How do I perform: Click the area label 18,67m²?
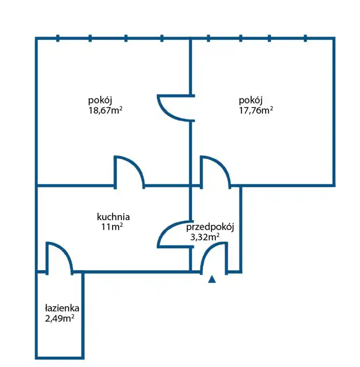coord(105,109)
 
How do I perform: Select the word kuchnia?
coord(113,216)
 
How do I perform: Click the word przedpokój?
coord(210,227)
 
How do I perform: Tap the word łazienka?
coord(62,308)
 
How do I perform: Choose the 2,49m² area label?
coord(60,319)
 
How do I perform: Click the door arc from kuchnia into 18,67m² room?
coord(129,171)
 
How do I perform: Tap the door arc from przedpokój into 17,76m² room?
coord(215,170)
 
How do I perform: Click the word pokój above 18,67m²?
coord(100,99)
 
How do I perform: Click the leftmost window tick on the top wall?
coord(58,38)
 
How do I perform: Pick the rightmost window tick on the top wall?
coord(306,38)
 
